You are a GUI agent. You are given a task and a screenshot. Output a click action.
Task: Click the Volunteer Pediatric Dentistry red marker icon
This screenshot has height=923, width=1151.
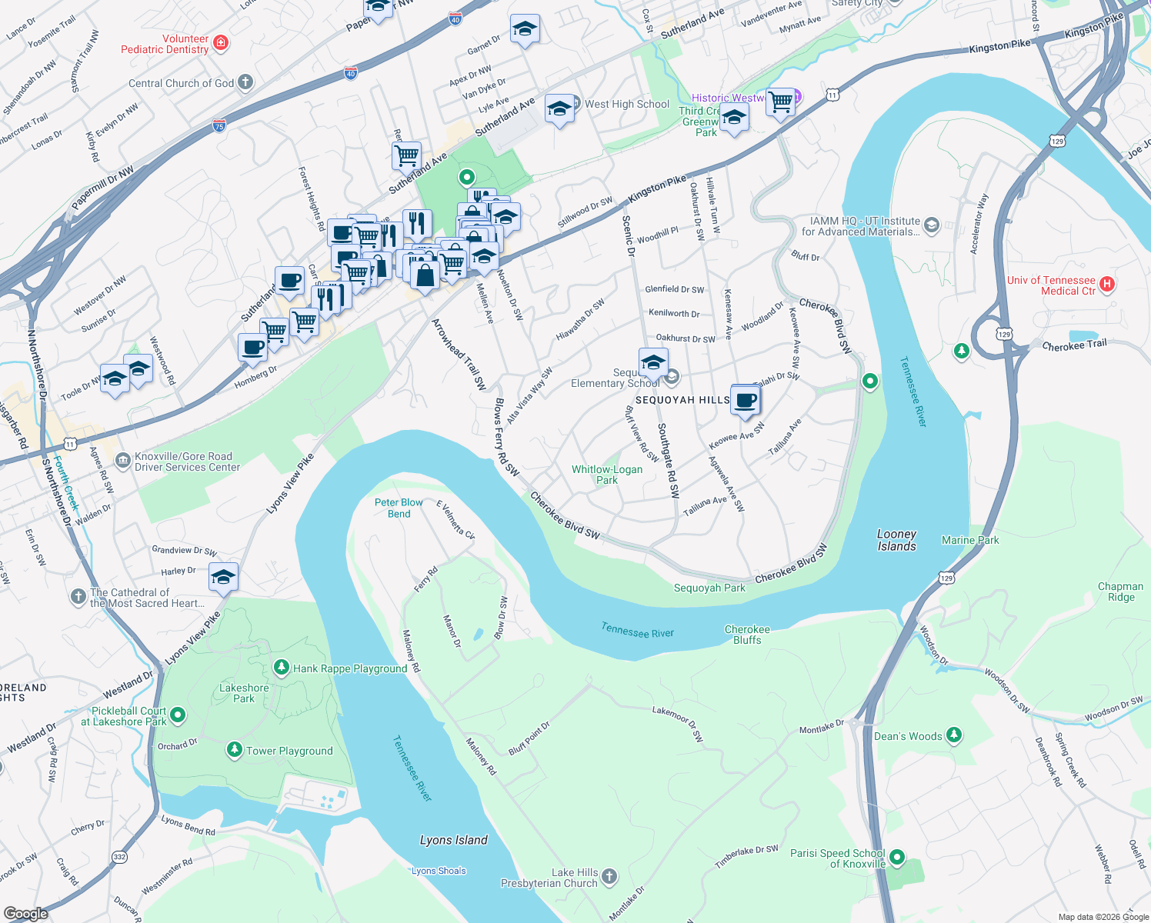click(x=221, y=42)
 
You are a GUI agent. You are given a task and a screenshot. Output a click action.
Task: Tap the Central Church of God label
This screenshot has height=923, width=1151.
click(x=181, y=83)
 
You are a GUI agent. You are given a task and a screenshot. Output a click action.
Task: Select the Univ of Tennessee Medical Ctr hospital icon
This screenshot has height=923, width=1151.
click(x=1106, y=285)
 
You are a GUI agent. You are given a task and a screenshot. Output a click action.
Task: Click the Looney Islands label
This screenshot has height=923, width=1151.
click(x=896, y=540)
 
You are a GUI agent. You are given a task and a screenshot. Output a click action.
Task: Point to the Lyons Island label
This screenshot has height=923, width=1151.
click(x=453, y=840)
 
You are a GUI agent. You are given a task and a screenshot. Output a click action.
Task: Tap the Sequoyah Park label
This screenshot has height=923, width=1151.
click(x=709, y=588)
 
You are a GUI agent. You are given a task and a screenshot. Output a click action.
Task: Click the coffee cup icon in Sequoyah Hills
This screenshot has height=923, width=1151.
click(x=745, y=401)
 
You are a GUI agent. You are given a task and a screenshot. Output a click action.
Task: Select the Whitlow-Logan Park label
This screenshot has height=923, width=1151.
click(x=606, y=475)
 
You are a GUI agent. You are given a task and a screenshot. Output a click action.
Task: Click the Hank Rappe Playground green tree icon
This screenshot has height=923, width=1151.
click(x=282, y=668)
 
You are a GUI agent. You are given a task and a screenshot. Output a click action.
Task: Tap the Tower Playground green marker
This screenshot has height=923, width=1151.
click(x=235, y=750)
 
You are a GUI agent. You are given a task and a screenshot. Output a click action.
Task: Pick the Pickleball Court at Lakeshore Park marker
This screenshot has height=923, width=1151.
click(x=178, y=715)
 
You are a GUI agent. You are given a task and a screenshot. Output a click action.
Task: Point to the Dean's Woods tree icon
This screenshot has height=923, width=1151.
click(x=954, y=735)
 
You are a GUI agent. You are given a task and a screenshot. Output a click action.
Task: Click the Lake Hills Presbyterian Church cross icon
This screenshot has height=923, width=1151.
click(x=609, y=877)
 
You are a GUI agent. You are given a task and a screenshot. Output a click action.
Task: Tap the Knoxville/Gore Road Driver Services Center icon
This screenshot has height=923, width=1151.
click(x=123, y=461)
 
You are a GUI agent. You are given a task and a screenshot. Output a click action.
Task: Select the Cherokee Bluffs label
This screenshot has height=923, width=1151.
click(x=747, y=635)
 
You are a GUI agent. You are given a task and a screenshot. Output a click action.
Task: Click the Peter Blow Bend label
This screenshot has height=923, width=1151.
click(x=399, y=508)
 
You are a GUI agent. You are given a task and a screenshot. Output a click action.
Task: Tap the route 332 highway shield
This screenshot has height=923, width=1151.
click(x=119, y=857)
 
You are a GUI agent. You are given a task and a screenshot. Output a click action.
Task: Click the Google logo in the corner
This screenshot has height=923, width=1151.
click(x=25, y=913)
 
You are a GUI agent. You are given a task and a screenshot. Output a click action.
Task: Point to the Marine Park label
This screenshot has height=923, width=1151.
click(x=970, y=540)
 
